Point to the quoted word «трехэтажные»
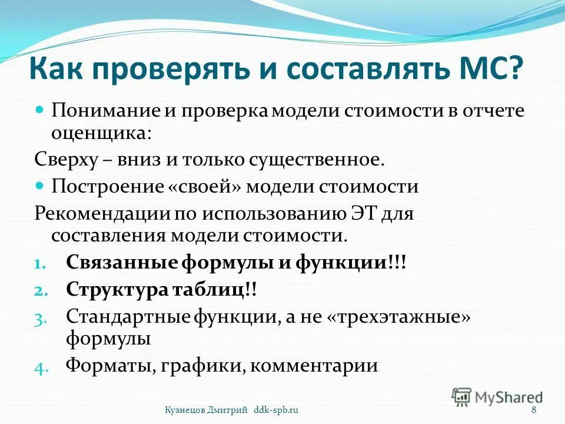pyautogui.click(x=398, y=316)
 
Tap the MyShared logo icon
pyautogui.click(x=462, y=396)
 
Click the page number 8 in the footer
pyautogui.click(x=533, y=410)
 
